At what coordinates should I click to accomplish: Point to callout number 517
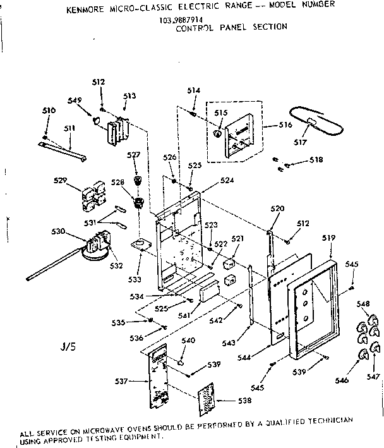click(308, 143)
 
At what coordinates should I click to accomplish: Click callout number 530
click(58, 231)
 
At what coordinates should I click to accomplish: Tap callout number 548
click(364, 305)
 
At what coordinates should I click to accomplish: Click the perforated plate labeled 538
click(207, 399)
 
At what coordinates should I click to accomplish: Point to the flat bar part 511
click(69, 150)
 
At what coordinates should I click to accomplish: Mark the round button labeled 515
click(218, 133)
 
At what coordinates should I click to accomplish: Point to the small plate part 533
click(141, 245)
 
